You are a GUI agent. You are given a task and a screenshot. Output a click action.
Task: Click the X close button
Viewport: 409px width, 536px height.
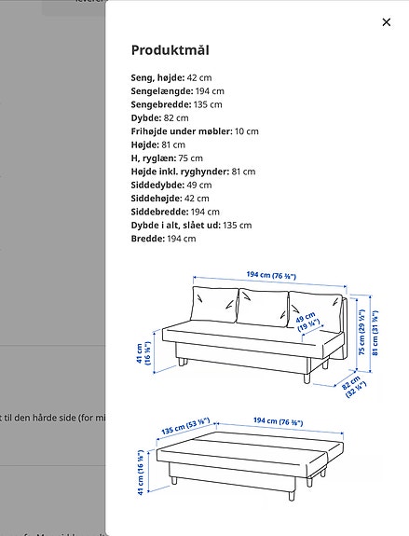pos(387,22)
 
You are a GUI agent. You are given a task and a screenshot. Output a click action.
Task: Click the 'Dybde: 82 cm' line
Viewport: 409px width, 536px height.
pos(159,118)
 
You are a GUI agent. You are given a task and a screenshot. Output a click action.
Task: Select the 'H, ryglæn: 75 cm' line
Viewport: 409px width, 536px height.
pos(171,158)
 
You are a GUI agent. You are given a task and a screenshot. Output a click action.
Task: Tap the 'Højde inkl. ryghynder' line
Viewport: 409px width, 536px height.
pos(192,172)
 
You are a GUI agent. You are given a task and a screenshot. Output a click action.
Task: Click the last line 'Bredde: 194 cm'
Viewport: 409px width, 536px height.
pos(163,239)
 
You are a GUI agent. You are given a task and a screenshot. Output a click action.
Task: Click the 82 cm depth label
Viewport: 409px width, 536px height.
pos(351,385)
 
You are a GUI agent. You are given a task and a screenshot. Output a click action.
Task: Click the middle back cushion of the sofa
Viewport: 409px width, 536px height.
pos(262,306)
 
